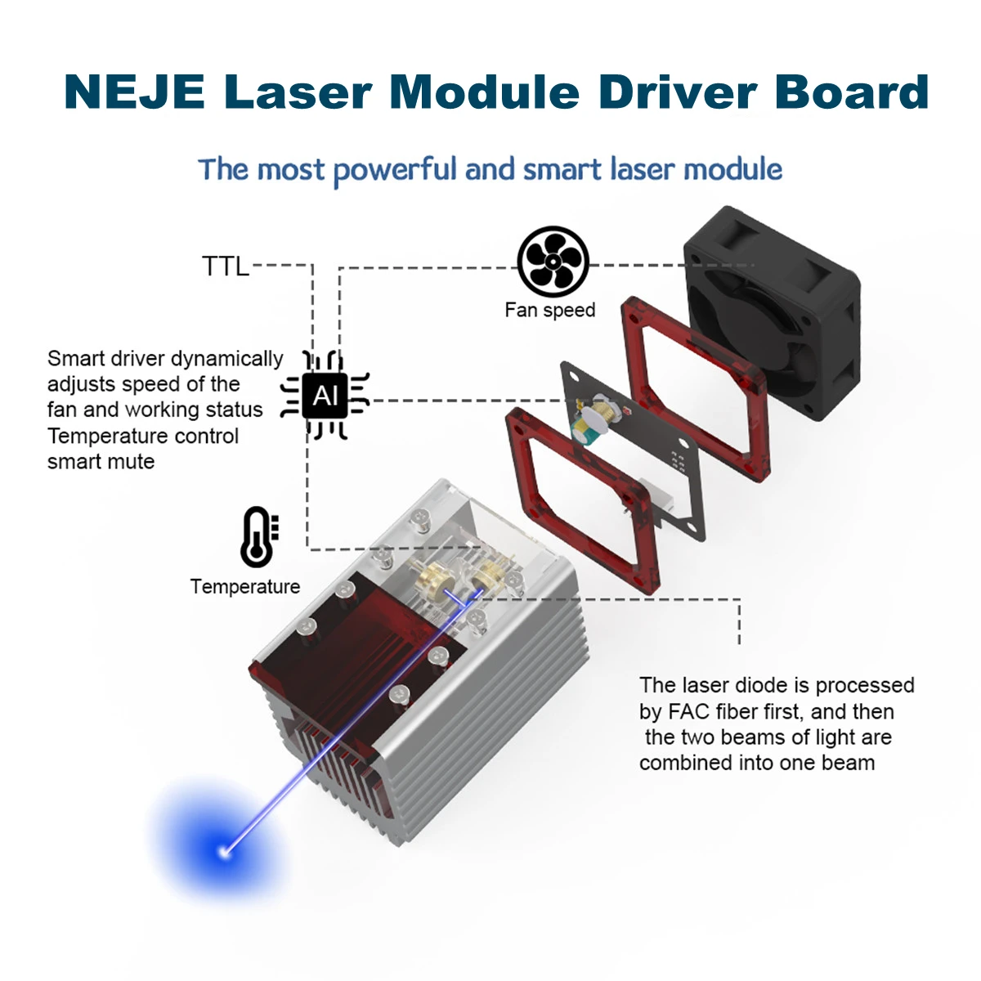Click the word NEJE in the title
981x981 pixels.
[134, 92]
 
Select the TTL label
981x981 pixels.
[225, 267]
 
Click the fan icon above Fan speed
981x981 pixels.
[553, 262]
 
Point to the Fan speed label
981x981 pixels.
[549, 311]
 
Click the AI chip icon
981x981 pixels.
[325, 396]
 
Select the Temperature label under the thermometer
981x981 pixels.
[244, 587]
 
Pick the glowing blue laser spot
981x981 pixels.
[223, 852]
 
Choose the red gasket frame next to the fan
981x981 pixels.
[695, 384]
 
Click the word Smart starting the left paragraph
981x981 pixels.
[76, 359]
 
